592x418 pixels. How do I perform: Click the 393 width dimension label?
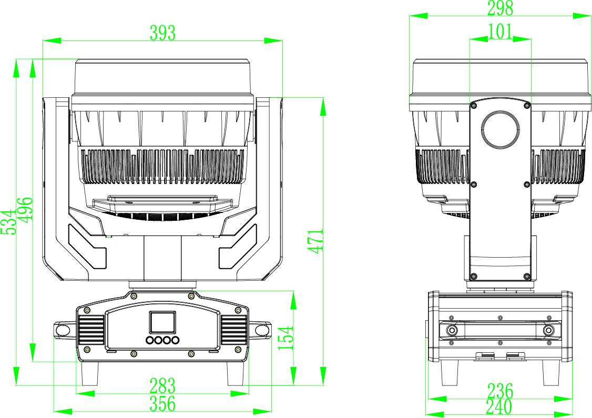click(162, 33)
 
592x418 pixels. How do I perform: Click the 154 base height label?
click(285, 338)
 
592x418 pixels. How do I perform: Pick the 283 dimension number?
click(162, 386)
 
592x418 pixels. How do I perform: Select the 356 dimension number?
click(162, 404)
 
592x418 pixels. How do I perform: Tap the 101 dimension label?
click(499, 32)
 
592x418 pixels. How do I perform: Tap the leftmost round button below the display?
click(151, 341)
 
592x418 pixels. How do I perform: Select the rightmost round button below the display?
click(175, 341)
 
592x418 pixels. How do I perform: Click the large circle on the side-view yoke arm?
click(501, 129)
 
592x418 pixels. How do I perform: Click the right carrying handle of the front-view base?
click(261, 330)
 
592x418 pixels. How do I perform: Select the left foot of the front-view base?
click(90, 375)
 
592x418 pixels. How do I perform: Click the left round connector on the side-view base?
click(452, 330)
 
